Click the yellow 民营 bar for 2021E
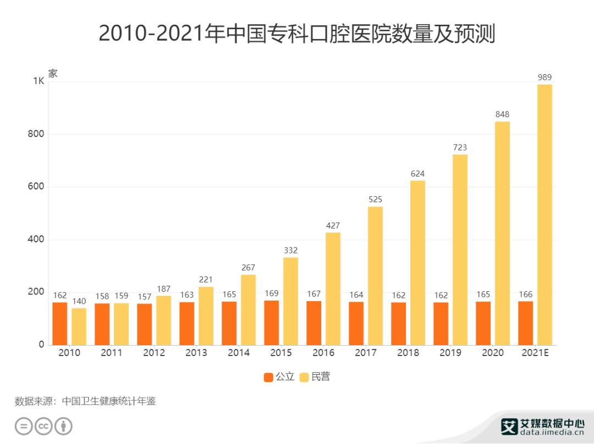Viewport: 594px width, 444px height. [544, 214]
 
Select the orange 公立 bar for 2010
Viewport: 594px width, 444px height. [60, 324]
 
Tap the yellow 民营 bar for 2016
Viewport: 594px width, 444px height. [333, 288]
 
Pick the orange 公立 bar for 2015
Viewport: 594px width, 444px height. [271, 323]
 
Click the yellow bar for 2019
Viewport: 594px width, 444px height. [460, 249]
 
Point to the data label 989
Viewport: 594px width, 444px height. [544, 77]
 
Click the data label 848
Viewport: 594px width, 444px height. [502, 114]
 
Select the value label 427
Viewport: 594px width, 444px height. [333, 225]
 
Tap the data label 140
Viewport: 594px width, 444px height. [79, 301]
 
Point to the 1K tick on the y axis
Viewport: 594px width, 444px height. [38, 81]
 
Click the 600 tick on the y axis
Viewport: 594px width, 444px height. [36, 187]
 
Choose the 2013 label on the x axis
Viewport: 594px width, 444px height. [196, 353]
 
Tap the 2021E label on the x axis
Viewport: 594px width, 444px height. [535, 353]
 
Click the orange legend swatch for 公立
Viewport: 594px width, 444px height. [268, 377]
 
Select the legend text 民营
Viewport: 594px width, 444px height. [321, 377]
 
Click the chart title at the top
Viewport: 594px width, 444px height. [297, 34]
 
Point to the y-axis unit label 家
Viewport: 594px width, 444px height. [53, 74]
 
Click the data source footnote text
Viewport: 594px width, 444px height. [85, 401]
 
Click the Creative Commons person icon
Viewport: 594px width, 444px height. [64, 426]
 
